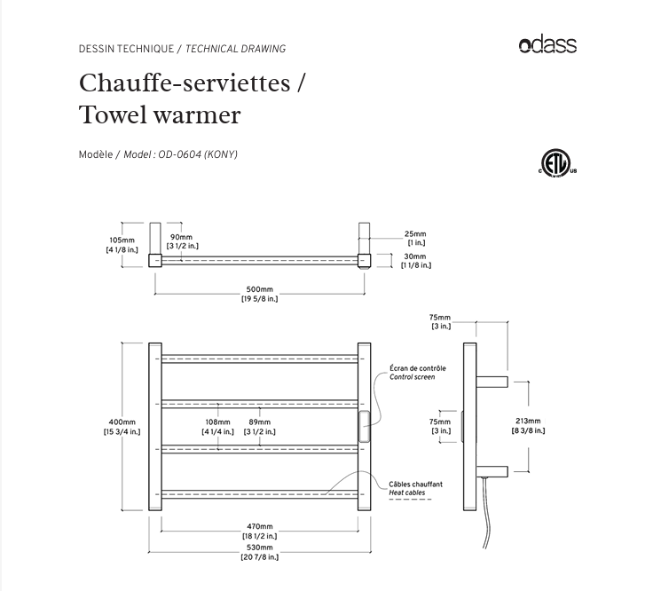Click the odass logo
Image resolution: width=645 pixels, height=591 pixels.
547,44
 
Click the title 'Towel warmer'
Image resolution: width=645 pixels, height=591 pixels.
160,115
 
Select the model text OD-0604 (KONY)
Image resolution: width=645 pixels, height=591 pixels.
197,154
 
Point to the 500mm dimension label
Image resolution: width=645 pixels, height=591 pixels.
259,290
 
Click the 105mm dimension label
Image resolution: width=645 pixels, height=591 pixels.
122,240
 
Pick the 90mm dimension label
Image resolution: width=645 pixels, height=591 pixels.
181,237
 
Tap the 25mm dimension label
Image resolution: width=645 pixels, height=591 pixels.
416,234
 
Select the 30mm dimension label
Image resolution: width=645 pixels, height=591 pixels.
416,256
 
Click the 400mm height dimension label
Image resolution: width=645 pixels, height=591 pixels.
122,422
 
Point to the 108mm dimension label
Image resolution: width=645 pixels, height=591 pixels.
217,422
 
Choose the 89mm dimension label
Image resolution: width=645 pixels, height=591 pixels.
260,422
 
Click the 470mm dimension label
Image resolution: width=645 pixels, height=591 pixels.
260,527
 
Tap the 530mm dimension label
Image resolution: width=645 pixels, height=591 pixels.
260,548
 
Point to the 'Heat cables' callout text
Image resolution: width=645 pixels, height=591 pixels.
406,492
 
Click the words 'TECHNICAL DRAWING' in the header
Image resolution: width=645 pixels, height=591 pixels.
235,49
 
